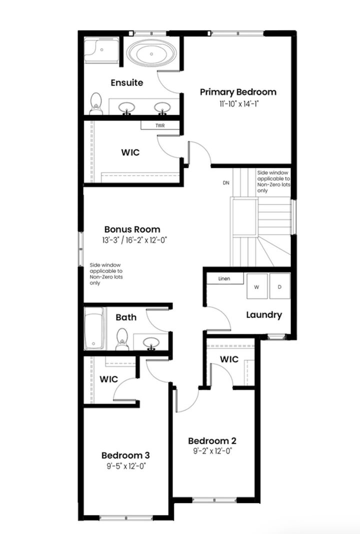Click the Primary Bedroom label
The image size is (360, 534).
(x=238, y=92)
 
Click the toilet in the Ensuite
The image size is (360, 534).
(x=95, y=103)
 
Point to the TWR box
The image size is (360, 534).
(x=159, y=125)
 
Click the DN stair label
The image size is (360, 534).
(x=226, y=182)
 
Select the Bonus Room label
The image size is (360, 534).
(x=133, y=230)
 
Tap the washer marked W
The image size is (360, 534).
(x=257, y=287)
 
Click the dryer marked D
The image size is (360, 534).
(x=279, y=287)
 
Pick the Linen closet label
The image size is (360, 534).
(x=224, y=278)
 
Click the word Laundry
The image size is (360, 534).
(x=264, y=315)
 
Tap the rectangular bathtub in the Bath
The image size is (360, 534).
(x=94, y=328)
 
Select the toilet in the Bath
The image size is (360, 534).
(x=121, y=340)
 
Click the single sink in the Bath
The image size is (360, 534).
(x=151, y=342)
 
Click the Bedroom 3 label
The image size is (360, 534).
(x=125, y=455)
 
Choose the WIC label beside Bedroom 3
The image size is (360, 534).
(x=108, y=379)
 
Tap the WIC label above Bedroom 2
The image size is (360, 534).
(x=229, y=359)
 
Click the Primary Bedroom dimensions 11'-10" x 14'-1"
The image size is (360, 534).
(x=238, y=103)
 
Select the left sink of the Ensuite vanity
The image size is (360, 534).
(x=127, y=107)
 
